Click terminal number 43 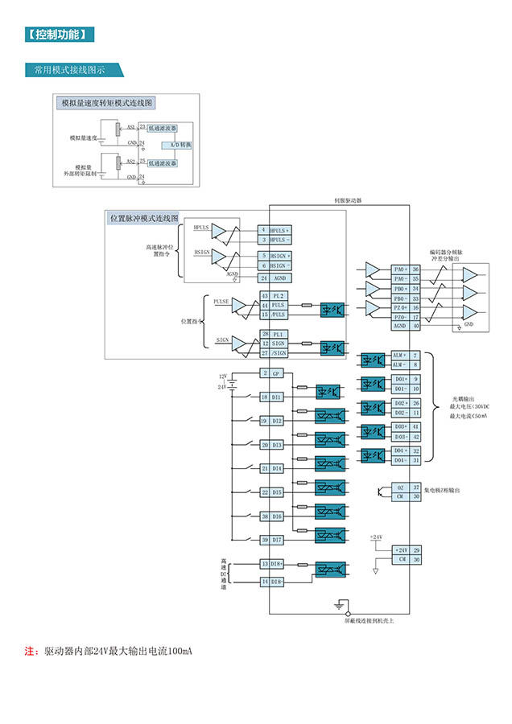(264, 296)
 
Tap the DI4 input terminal (276, 468)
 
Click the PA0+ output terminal (400, 269)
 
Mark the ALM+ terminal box (400, 355)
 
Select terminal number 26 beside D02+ (416, 402)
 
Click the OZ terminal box (400, 487)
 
